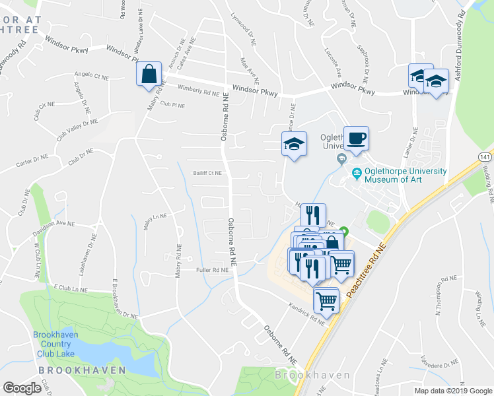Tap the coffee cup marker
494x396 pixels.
pos(357,138)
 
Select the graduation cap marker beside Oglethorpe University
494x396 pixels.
pos(295,145)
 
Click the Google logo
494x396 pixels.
pos(22,387)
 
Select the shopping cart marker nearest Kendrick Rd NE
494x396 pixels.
pos(326,300)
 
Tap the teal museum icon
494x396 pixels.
pos(357,174)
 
